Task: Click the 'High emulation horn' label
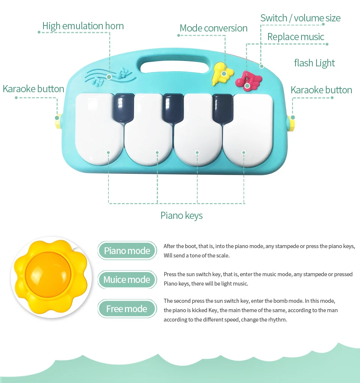pos(83,26)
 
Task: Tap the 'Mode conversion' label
pos(213,28)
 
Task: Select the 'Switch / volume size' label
pos(300,18)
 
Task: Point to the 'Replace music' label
pos(295,37)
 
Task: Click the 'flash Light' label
pos(314,63)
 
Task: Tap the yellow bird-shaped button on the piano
pos(221,73)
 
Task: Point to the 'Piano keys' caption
pos(181,215)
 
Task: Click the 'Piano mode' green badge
pos(127,251)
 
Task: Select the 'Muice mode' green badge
pos(127,280)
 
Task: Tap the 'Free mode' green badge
pos(127,309)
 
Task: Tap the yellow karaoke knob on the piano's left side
pos(58,121)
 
